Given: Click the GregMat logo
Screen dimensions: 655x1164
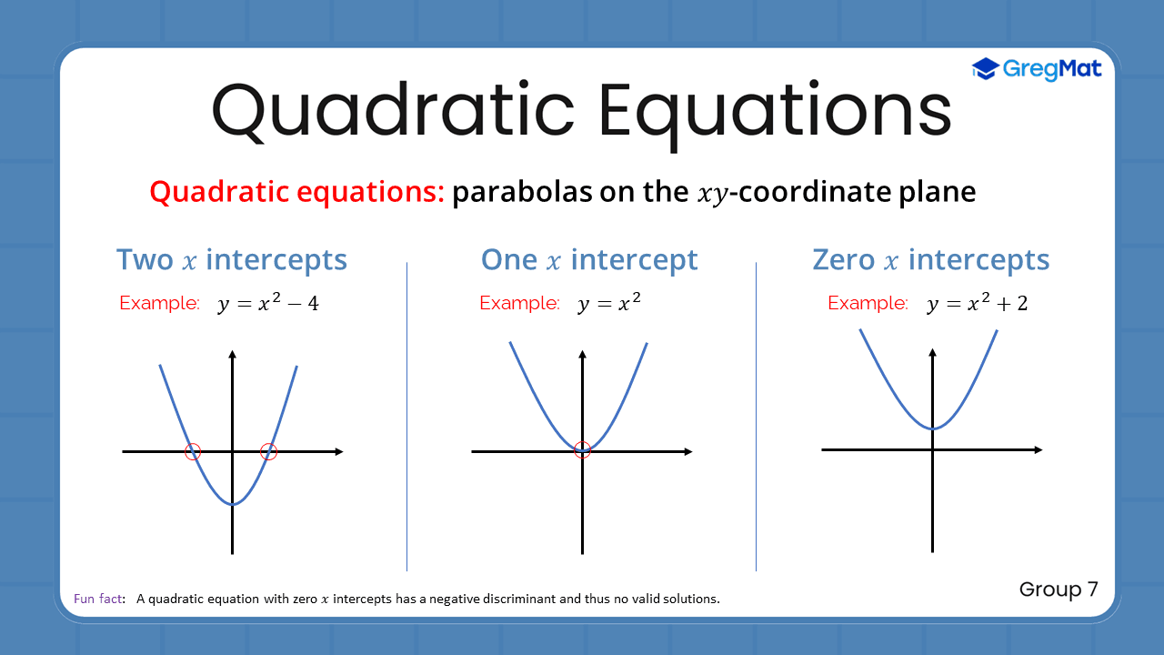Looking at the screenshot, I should [1037, 69].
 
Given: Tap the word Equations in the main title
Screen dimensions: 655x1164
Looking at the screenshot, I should [774, 111].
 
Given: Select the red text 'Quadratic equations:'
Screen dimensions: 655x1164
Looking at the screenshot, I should [296, 193].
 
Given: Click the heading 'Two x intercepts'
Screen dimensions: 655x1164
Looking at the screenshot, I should [232, 260].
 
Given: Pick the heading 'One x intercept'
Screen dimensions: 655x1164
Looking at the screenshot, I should [589, 260].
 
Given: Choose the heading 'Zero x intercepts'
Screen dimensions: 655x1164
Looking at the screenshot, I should [930, 260].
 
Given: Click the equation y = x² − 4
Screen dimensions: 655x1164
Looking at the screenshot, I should [268, 304].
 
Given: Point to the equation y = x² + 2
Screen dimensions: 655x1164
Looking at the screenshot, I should [978, 304].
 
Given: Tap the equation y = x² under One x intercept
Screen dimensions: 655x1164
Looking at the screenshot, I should [609, 304].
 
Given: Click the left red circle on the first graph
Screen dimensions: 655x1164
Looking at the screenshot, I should [193, 451].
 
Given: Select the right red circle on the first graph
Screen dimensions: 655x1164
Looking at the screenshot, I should [268, 451].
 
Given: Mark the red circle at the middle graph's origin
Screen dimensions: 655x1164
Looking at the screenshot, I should [583, 448].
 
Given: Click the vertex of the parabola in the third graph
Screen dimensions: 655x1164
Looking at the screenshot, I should [932, 428].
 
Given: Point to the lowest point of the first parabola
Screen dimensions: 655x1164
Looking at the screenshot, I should [233, 504].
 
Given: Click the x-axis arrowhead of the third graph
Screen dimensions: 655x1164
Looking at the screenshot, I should [1038, 449].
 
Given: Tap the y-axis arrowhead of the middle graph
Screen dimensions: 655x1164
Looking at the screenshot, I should [583, 354].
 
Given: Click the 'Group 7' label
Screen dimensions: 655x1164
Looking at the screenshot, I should [1059, 589].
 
